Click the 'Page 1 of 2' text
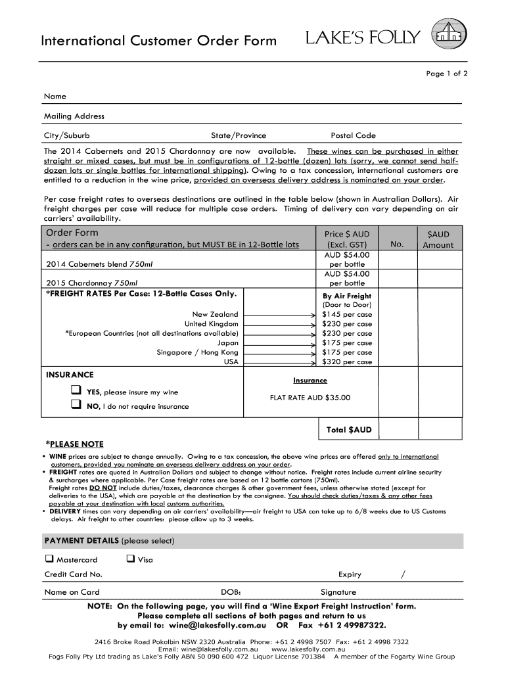click(x=446, y=74)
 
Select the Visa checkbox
click(x=130, y=559)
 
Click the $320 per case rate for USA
click(x=347, y=361)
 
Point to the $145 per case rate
click(x=347, y=314)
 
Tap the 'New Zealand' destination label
click(x=215, y=314)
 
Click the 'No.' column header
click(x=396, y=244)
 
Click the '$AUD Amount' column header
click(x=438, y=240)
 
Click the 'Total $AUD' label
click(x=349, y=430)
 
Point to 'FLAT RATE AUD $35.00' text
click(x=310, y=398)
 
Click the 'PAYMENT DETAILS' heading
click(x=108, y=541)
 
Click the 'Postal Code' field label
click(x=353, y=135)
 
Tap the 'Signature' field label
click(x=338, y=592)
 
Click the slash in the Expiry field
click(x=403, y=574)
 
